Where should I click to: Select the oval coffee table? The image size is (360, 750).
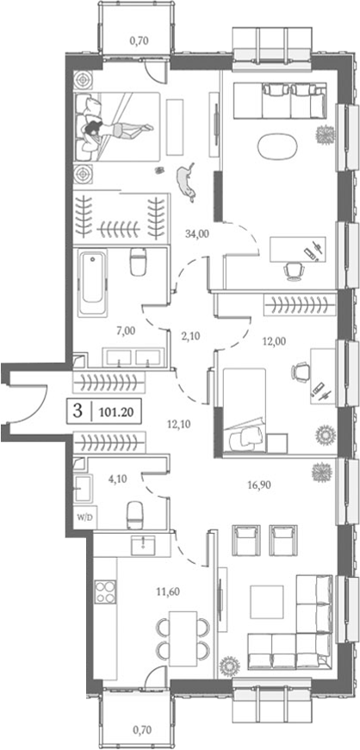[277, 146]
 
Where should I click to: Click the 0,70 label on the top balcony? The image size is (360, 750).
[138, 39]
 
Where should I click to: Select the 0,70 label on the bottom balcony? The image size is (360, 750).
[138, 730]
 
